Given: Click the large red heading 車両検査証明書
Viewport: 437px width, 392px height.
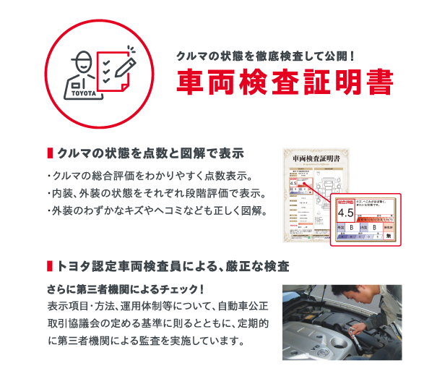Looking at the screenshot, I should point(285,82).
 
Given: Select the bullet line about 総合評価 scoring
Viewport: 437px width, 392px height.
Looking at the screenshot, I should point(149,176).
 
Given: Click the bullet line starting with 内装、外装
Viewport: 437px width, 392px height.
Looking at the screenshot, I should point(155,194).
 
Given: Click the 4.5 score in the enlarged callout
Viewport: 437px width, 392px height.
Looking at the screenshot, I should point(345,213).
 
